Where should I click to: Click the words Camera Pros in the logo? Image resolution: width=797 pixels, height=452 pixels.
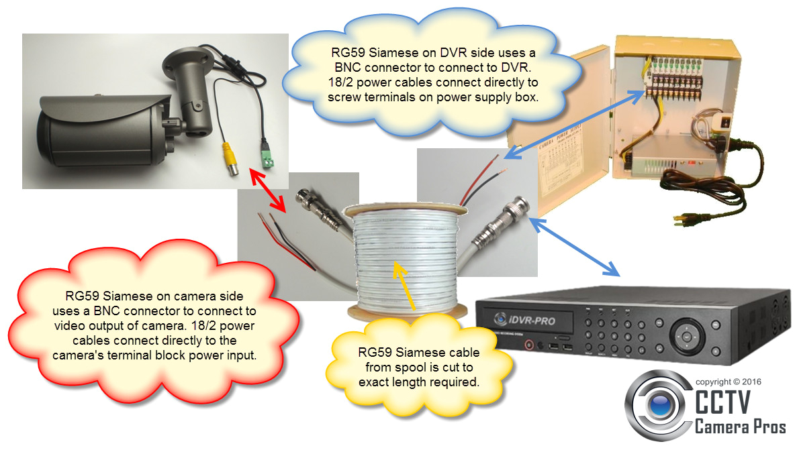click(739, 427)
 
